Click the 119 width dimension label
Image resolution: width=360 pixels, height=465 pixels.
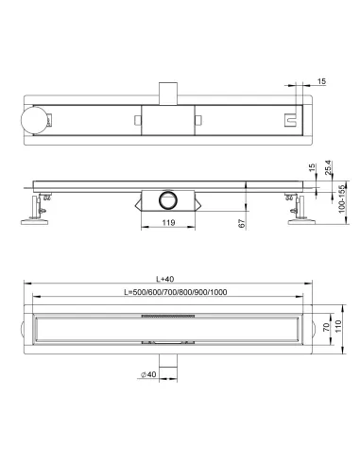(168, 223)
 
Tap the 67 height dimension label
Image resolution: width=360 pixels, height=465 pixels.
(242, 223)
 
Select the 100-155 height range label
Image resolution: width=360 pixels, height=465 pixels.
(342, 199)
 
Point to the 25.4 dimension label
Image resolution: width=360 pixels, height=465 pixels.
(328, 167)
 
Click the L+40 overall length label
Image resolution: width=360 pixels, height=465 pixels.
(165, 279)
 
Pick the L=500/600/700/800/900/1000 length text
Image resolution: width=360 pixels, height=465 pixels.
(176, 292)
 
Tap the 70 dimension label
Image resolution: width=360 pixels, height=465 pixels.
(326, 327)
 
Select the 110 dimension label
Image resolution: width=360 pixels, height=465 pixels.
(338, 327)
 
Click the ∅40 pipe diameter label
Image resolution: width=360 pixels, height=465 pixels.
(148, 374)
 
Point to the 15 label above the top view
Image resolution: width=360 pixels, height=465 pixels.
(321, 81)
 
